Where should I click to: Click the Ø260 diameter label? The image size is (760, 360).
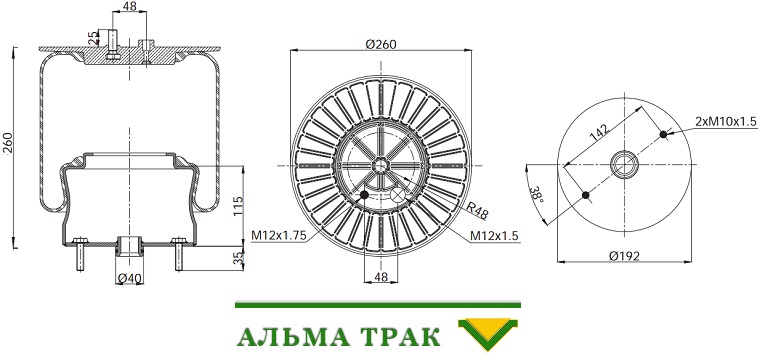point(380,44)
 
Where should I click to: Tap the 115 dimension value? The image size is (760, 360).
point(238,206)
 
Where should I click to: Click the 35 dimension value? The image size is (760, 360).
point(238,258)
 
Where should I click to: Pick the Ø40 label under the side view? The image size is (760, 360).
point(129,279)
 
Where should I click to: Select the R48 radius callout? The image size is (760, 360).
point(477,209)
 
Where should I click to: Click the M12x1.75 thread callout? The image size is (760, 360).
point(279,235)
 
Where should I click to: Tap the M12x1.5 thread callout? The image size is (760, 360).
point(494,235)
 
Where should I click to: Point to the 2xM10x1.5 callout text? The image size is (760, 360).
point(726,122)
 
